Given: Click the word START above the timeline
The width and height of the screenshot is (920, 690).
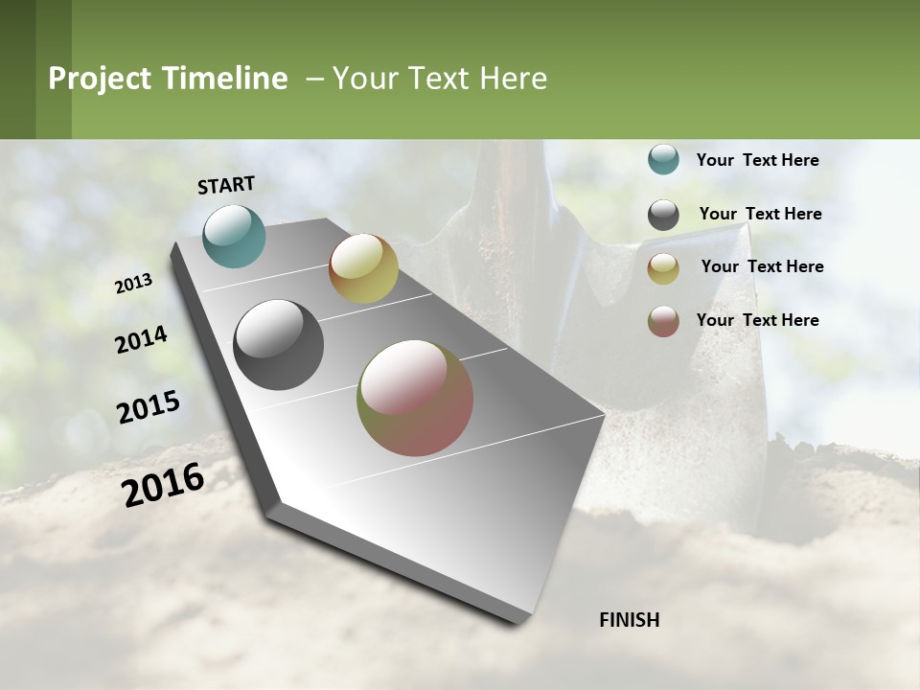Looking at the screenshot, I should pos(226,185).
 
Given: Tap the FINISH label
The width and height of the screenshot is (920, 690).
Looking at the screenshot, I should pos(629,620).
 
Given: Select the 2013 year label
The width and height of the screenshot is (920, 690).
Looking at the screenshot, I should pos(133,284).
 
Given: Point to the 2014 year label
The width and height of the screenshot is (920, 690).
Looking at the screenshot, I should pos(141,340).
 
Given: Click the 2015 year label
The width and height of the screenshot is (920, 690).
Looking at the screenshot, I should pos(149,407).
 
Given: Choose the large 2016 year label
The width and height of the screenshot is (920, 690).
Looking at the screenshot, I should pos(163,484).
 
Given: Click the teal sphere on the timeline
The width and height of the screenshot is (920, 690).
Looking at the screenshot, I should pos(235,236).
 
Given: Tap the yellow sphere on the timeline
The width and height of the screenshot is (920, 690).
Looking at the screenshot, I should pos(363,268).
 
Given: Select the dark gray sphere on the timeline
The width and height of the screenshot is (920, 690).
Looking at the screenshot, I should pos(279,345).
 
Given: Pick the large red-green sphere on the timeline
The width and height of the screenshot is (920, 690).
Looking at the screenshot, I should pos(415,398).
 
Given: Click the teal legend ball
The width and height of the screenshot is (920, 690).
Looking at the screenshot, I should pos(663,160).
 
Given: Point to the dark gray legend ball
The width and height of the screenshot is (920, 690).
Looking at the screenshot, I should pos(663,215).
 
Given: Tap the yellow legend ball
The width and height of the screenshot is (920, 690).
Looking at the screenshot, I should pos(663,268).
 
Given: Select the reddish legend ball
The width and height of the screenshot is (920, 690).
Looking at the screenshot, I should pos(663,321).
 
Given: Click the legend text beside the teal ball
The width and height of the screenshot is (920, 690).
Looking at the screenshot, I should pos(757,160).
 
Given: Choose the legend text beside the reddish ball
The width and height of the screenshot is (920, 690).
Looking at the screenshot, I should pos(757,320).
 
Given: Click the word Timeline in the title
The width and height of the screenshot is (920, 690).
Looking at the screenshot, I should pos(223,79).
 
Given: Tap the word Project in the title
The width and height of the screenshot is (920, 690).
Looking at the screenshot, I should pos(100,79).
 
